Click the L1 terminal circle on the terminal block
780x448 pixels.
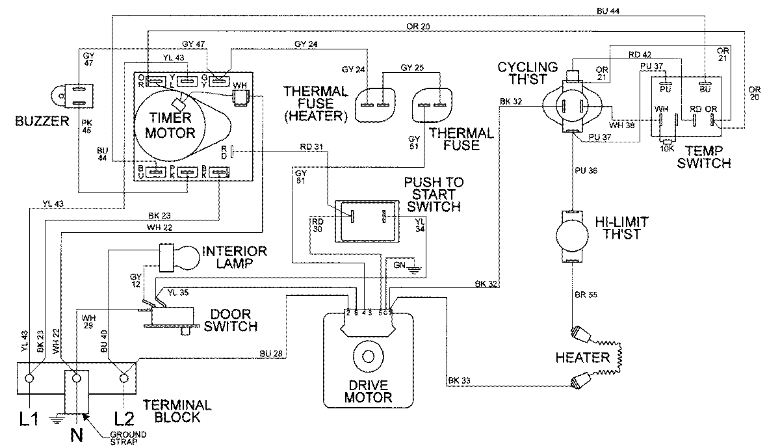click(29, 378)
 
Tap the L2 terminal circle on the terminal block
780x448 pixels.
click(123, 378)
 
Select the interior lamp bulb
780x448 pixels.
click(187, 257)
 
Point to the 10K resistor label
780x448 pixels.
click(667, 148)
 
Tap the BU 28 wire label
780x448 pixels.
click(270, 354)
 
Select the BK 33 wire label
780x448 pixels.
click(459, 380)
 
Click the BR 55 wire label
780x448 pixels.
click(586, 295)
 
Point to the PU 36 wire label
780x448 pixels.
click(586, 170)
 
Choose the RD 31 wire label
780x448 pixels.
click(311, 147)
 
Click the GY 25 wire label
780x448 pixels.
click(412, 67)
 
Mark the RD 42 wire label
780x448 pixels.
click(640, 55)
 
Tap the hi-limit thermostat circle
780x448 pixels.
click(572, 236)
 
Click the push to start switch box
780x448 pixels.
click(367, 221)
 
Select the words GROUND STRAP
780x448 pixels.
click(129, 438)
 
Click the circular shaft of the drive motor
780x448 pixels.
click(369, 356)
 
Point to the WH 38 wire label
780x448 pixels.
click(621, 125)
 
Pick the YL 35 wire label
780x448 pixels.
click(178, 293)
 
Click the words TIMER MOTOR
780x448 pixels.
click(170, 125)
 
